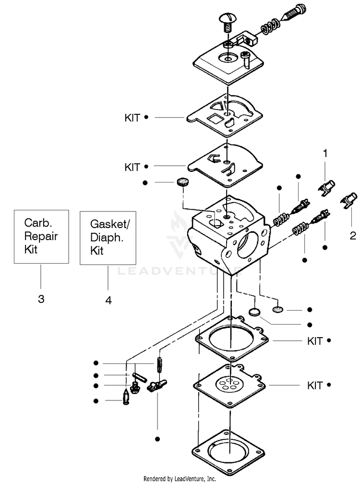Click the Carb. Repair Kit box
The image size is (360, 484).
coord(41,237)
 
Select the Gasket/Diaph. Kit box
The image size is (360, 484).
coord(108,238)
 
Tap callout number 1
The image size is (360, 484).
coord(325,154)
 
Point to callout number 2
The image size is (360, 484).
coord(353,236)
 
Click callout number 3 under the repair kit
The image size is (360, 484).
coord(41,299)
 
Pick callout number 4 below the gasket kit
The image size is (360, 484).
coord(108,300)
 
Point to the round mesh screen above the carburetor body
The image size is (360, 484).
coord(183,182)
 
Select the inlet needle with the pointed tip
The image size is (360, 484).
coord(126,397)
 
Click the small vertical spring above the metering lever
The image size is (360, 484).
coord(159,365)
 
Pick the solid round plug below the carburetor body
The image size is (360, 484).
coord(254,312)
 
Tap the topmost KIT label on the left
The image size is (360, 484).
coord(132,118)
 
